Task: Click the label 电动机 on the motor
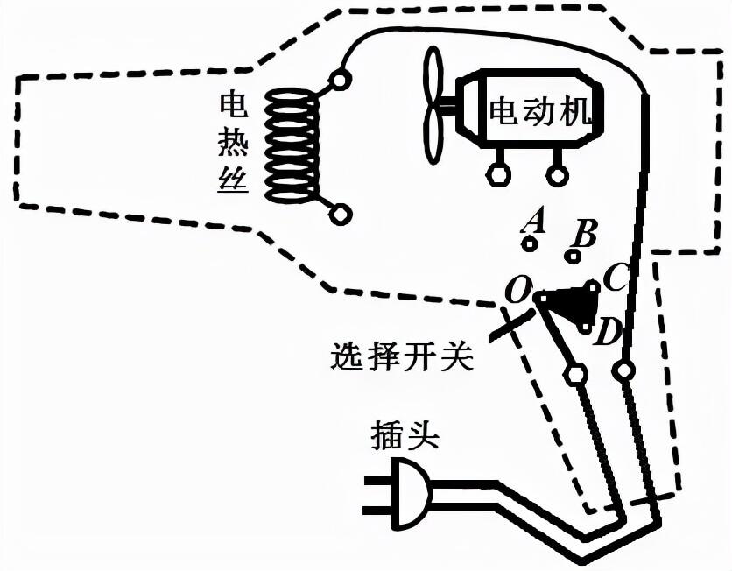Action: pyautogui.click(x=540, y=111)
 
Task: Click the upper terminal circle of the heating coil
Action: pyautogui.click(x=339, y=80)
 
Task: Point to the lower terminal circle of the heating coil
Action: pyautogui.click(x=340, y=215)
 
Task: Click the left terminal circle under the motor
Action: pyautogui.click(x=498, y=175)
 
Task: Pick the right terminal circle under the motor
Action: pyautogui.click(x=557, y=175)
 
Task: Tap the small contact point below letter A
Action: pyautogui.click(x=530, y=243)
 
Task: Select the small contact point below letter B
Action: pyautogui.click(x=573, y=256)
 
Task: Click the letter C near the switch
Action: pyautogui.click(x=616, y=277)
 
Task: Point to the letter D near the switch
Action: pyautogui.click(x=607, y=332)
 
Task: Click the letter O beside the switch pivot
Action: pyautogui.click(x=517, y=290)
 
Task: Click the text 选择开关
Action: pyautogui.click(x=402, y=357)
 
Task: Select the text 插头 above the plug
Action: pyautogui.click(x=405, y=436)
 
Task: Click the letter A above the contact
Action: pyautogui.click(x=533, y=221)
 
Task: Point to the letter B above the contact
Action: pyautogui.click(x=584, y=234)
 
